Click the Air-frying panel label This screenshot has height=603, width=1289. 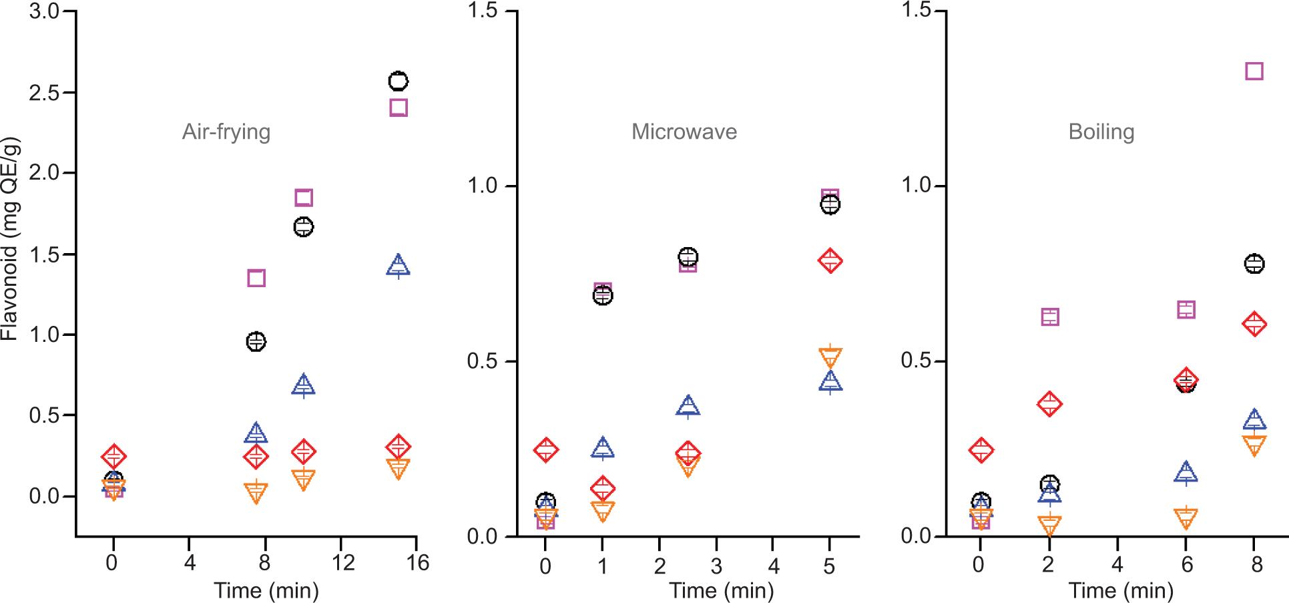(226, 132)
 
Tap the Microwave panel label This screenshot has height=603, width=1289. (684, 132)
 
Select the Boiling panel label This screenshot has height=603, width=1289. (1101, 132)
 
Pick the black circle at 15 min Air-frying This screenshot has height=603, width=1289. (399, 81)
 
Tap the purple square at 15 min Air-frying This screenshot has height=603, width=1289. (399, 108)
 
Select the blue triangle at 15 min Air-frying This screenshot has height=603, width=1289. (399, 265)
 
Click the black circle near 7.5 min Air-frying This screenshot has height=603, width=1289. (256, 341)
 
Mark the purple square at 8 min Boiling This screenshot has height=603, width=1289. (1254, 71)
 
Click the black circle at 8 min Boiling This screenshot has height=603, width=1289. (1254, 264)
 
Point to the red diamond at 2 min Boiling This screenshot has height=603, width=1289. (1049, 403)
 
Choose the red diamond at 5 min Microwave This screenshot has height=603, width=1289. (830, 260)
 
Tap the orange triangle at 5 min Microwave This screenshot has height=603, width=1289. (830, 357)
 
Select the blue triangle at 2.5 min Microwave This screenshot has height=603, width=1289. (688, 405)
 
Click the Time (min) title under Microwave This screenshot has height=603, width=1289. (721, 590)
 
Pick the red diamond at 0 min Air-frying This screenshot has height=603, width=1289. (113, 456)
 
